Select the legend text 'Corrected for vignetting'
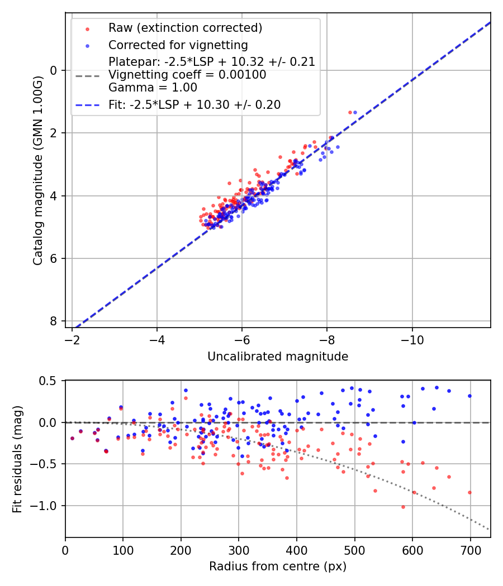(178, 45)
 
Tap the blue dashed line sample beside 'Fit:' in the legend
(87, 105)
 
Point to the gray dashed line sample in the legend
(87, 75)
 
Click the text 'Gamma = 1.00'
(153, 87)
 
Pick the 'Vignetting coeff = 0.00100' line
(187, 75)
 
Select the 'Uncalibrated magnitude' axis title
(278, 357)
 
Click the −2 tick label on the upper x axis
(72, 340)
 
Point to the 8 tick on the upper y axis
(54, 321)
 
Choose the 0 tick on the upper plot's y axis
(54, 70)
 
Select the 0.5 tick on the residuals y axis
(50, 381)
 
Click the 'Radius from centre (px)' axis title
(278, 566)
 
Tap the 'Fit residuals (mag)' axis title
(17, 459)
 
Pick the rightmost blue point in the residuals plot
(469, 396)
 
